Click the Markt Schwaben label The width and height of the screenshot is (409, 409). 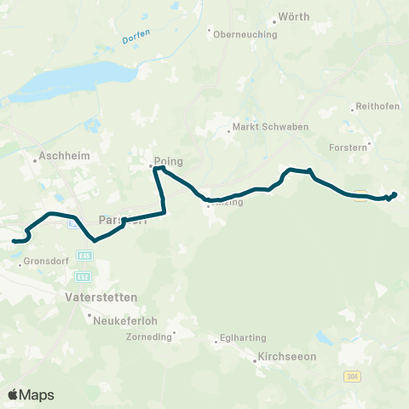coord(261,130)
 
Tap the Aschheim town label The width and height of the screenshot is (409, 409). coord(60,158)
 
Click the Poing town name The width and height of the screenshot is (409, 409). coord(169,159)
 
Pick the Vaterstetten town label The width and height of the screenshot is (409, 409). coord(101,298)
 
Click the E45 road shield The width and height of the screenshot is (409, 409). coord(84,255)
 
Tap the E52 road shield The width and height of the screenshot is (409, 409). coord(83,276)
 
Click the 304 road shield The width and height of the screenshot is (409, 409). coord(352,376)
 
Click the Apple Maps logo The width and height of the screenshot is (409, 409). coord(31,395)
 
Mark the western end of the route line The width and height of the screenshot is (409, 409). coord(13,242)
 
